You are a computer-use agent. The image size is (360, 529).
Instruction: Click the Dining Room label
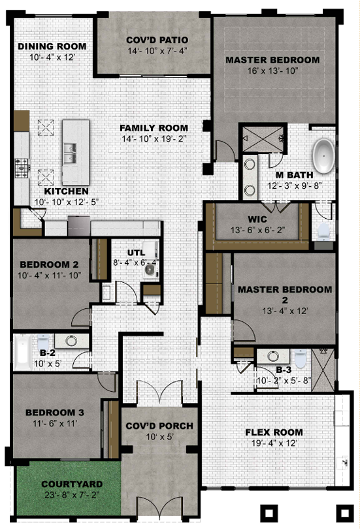(x=52, y=46)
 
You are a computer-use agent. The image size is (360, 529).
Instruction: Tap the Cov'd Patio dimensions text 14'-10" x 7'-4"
(x=157, y=51)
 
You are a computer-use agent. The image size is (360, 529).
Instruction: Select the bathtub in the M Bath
(x=323, y=156)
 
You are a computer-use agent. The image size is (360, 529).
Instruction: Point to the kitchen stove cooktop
(x=22, y=168)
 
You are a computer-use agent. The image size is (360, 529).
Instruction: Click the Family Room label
(x=154, y=128)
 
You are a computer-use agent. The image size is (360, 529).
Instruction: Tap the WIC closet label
(x=257, y=219)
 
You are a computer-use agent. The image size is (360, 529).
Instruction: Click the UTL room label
(x=137, y=253)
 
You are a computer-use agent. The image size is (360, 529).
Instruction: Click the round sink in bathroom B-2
(x=71, y=341)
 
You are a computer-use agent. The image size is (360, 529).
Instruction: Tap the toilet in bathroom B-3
(x=301, y=359)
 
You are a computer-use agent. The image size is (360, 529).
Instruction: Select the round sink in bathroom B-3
(x=272, y=355)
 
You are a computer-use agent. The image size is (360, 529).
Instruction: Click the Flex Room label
(x=274, y=432)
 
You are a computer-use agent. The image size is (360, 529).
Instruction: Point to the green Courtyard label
(x=72, y=484)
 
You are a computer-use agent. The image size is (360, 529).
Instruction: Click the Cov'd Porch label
(x=159, y=426)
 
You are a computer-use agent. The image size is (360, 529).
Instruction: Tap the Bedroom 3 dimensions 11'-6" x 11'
(x=55, y=423)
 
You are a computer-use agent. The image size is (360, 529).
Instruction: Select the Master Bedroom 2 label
(x=285, y=295)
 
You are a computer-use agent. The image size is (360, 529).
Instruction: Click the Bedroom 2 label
(x=49, y=264)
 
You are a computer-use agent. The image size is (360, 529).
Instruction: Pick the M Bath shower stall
(x=263, y=139)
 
